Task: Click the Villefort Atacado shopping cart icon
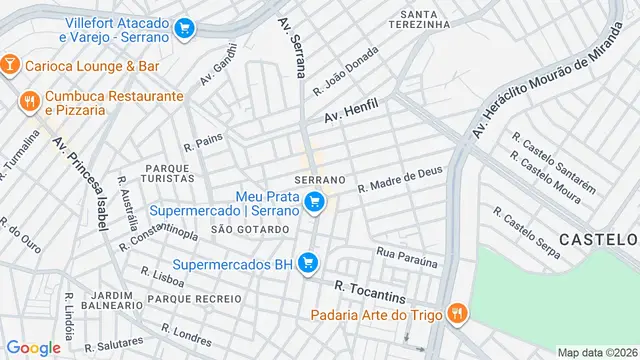tap(184, 29)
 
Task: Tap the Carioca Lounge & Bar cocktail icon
tap(10, 65)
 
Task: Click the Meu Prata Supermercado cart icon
tap(314, 202)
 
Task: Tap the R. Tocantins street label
tap(370, 288)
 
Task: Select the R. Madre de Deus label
tap(400, 179)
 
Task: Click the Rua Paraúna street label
tap(407, 257)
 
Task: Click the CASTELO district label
tap(598, 239)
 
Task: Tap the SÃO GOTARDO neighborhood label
tap(250, 229)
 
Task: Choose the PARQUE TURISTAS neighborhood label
tap(169, 172)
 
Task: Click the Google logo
tap(33, 348)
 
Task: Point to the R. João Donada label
tap(346, 70)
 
